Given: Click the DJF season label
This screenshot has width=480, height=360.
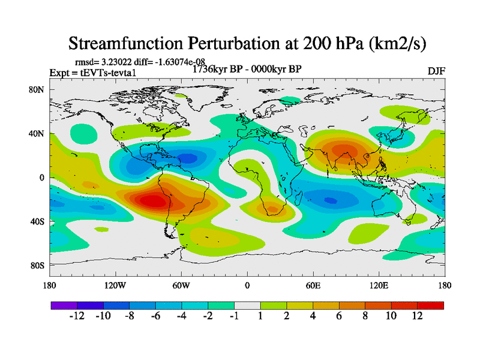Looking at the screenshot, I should (x=436, y=71).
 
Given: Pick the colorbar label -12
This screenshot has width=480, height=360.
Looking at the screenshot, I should (x=77, y=316).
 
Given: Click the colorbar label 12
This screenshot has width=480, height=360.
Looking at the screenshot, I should (x=418, y=316).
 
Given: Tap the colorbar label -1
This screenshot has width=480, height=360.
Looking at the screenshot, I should (x=234, y=316).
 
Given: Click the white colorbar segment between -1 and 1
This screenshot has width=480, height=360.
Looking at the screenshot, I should (x=247, y=305).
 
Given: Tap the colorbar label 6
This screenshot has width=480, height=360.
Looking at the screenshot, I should (x=339, y=316).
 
